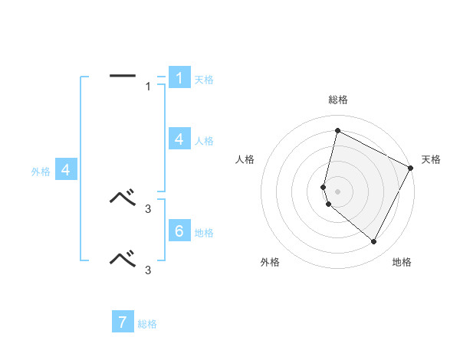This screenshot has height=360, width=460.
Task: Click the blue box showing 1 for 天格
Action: tap(179, 78)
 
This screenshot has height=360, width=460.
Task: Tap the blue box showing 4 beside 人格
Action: tap(179, 139)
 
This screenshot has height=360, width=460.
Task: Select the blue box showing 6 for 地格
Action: tap(179, 231)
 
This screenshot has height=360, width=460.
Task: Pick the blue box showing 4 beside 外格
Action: tap(66, 170)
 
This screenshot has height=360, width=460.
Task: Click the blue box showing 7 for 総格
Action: tap(123, 322)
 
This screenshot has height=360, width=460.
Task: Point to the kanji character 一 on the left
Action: tap(123, 76)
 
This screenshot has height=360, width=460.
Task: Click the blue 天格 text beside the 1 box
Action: tap(204, 80)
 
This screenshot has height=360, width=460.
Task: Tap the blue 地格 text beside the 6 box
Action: tap(204, 233)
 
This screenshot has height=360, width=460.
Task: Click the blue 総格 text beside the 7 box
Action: tap(147, 324)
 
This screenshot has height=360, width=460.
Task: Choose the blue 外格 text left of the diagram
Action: tap(41, 172)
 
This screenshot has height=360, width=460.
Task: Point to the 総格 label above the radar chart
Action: tap(337, 100)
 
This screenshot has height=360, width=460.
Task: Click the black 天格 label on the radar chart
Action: tap(432, 159)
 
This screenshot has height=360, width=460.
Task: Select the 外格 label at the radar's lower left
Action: tap(270, 262)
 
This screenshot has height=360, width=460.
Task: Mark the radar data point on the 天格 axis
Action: tap(411, 169)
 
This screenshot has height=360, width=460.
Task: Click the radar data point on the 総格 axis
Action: tap(337, 131)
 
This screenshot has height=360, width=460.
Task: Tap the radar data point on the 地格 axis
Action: tap(374, 242)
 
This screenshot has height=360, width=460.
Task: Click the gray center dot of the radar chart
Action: tap(337, 191)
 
